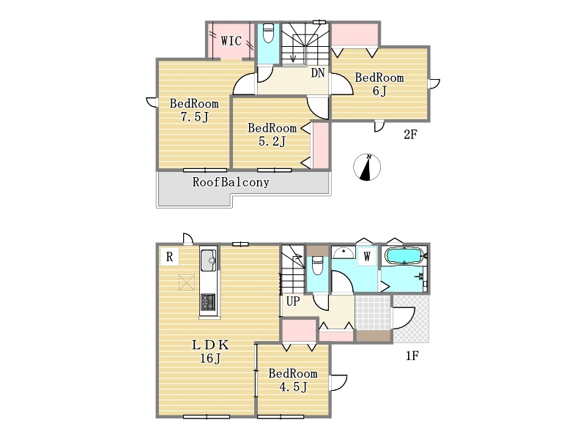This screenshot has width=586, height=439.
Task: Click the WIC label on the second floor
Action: tap(231, 41)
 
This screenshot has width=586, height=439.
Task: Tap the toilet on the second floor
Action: tap(268, 33)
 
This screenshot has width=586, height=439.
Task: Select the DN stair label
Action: tap(318, 72)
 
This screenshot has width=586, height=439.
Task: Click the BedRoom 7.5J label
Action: tap(194, 110)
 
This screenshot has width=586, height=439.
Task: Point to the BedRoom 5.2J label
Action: tap(272, 135)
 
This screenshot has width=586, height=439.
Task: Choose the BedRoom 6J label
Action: tap(379, 84)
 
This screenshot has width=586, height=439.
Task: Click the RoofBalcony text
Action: tap(231, 182)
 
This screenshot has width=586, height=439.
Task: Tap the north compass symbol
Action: tap(367, 167)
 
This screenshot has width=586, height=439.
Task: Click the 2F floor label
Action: tap(410, 135)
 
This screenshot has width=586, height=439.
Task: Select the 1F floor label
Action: tap(412, 356)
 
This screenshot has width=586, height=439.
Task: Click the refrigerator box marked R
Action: tap(169, 257)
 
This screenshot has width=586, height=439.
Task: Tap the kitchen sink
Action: tap(208, 260)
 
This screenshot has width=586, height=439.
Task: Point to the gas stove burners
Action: tap(208, 302)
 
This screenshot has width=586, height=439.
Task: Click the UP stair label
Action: tap(293, 301)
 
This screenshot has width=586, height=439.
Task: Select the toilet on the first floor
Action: tap(317, 265)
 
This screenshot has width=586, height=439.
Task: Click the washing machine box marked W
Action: tap(367, 257)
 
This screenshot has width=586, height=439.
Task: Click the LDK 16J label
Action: tap(209, 351)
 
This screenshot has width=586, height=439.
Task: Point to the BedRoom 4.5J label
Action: tap(293, 380)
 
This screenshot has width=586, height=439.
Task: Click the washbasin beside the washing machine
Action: tap(344, 252)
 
